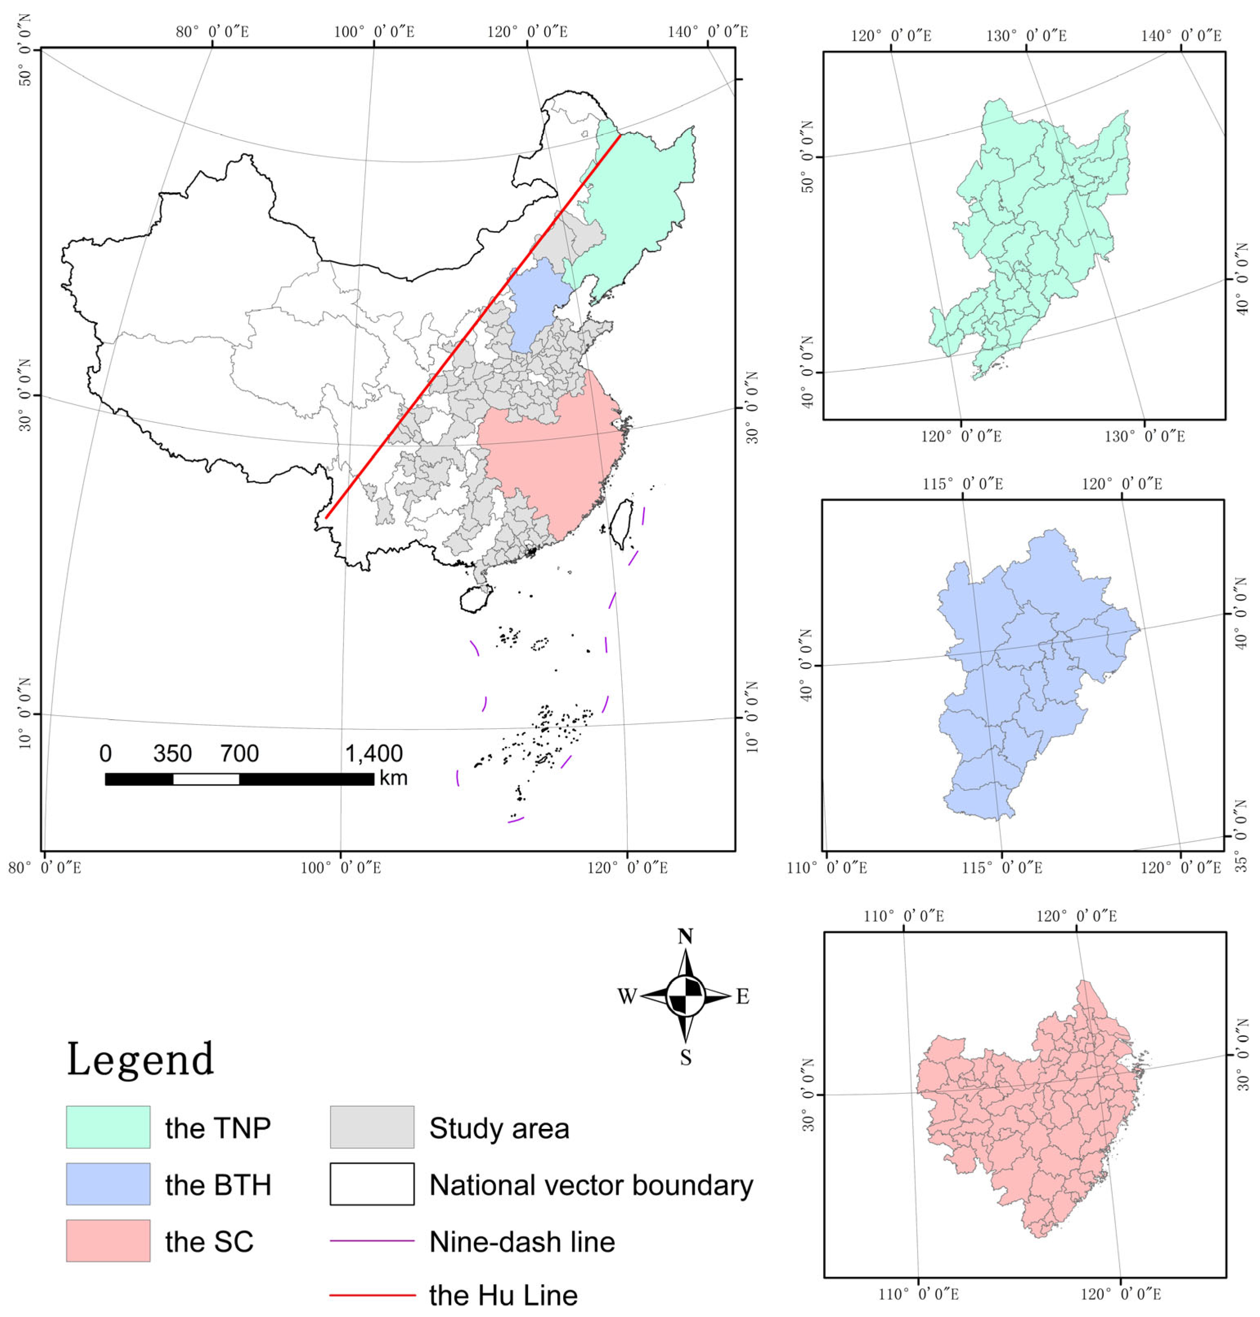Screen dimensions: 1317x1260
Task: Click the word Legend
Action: pyautogui.click(x=140, y=1059)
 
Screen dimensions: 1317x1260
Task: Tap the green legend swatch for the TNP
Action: pyautogui.click(x=108, y=1127)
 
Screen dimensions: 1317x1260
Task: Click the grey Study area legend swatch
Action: pyautogui.click(x=371, y=1127)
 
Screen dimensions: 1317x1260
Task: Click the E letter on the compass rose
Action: pyautogui.click(x=742, y=997)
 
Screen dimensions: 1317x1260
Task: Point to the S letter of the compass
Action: pyautogui.click(x=685, y=1058)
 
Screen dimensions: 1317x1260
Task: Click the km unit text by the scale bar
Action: pyautogui.click(x=393, y=778)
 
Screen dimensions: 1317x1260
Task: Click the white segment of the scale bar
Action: pyautogui.click(x=206, y=779)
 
